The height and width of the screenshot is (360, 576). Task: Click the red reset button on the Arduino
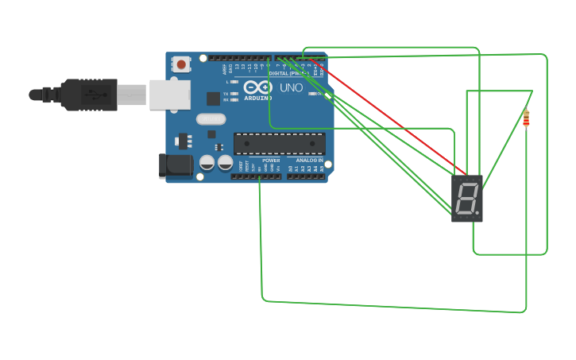click(x=181, y=64)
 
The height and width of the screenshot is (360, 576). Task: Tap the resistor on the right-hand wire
click(x=526, y=119)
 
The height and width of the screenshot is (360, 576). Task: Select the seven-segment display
click(x=466, y=198)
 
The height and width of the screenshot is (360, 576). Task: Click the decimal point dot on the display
click(x=477, y=213)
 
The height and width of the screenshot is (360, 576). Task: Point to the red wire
click(x=389, y=115)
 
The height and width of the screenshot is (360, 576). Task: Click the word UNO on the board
click(x=292, y=87)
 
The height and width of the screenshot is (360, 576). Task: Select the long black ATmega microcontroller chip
click(x=279, y=143)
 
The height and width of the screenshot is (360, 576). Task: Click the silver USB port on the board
click(x=170, y=95)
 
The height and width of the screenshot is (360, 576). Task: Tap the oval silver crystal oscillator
click(x=211, y=119)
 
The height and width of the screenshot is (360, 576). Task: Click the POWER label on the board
click(x=271, y=161)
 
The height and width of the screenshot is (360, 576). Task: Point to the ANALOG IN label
click(x=310, y=161)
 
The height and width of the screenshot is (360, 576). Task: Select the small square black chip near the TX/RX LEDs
click(x=213, y=99)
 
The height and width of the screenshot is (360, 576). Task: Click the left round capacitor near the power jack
click(x=207, y=162)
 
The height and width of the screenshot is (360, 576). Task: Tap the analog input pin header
click(x=305, y=176)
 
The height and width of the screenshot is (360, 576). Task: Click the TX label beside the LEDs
click(x=226, y=93)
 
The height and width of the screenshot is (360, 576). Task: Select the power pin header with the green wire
click(x=256, y=176)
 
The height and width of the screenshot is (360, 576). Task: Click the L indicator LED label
click(x=227, y=82)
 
